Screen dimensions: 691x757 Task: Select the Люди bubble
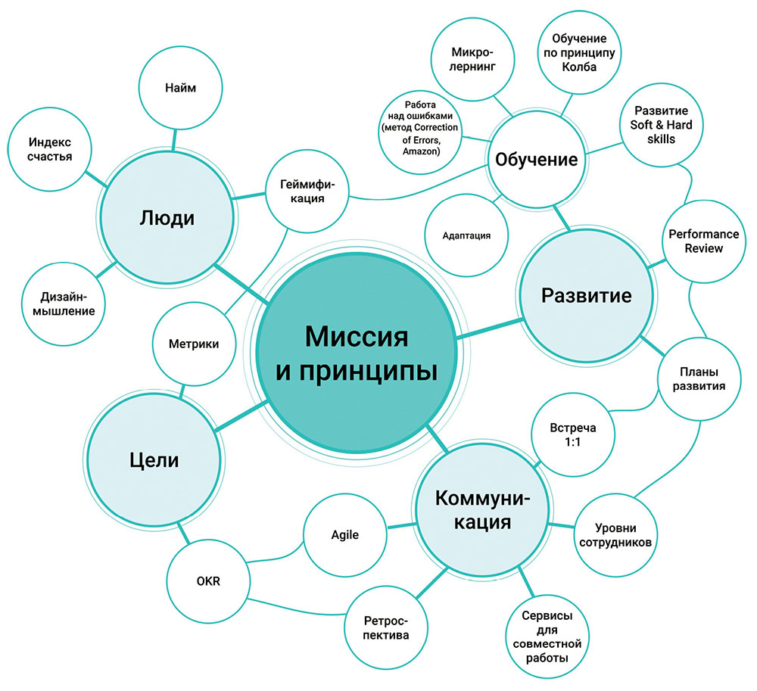pos(167,219)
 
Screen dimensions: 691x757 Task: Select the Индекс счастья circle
pos(50,149)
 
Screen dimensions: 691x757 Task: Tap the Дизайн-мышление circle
pos(64,302)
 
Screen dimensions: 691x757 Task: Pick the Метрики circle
pos(186,344)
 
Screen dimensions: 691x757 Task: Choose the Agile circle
pos(344,534)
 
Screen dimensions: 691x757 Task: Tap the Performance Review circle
pos(695,241)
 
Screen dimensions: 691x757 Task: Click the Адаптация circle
pos(466,235)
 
